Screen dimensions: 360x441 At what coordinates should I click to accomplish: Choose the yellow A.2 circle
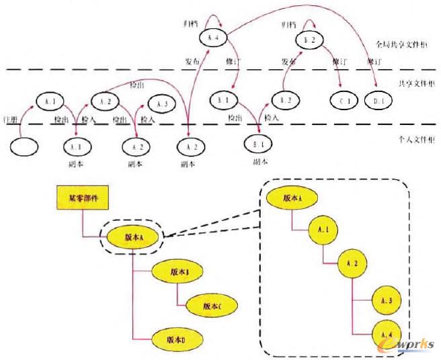click(x=354, y=261)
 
